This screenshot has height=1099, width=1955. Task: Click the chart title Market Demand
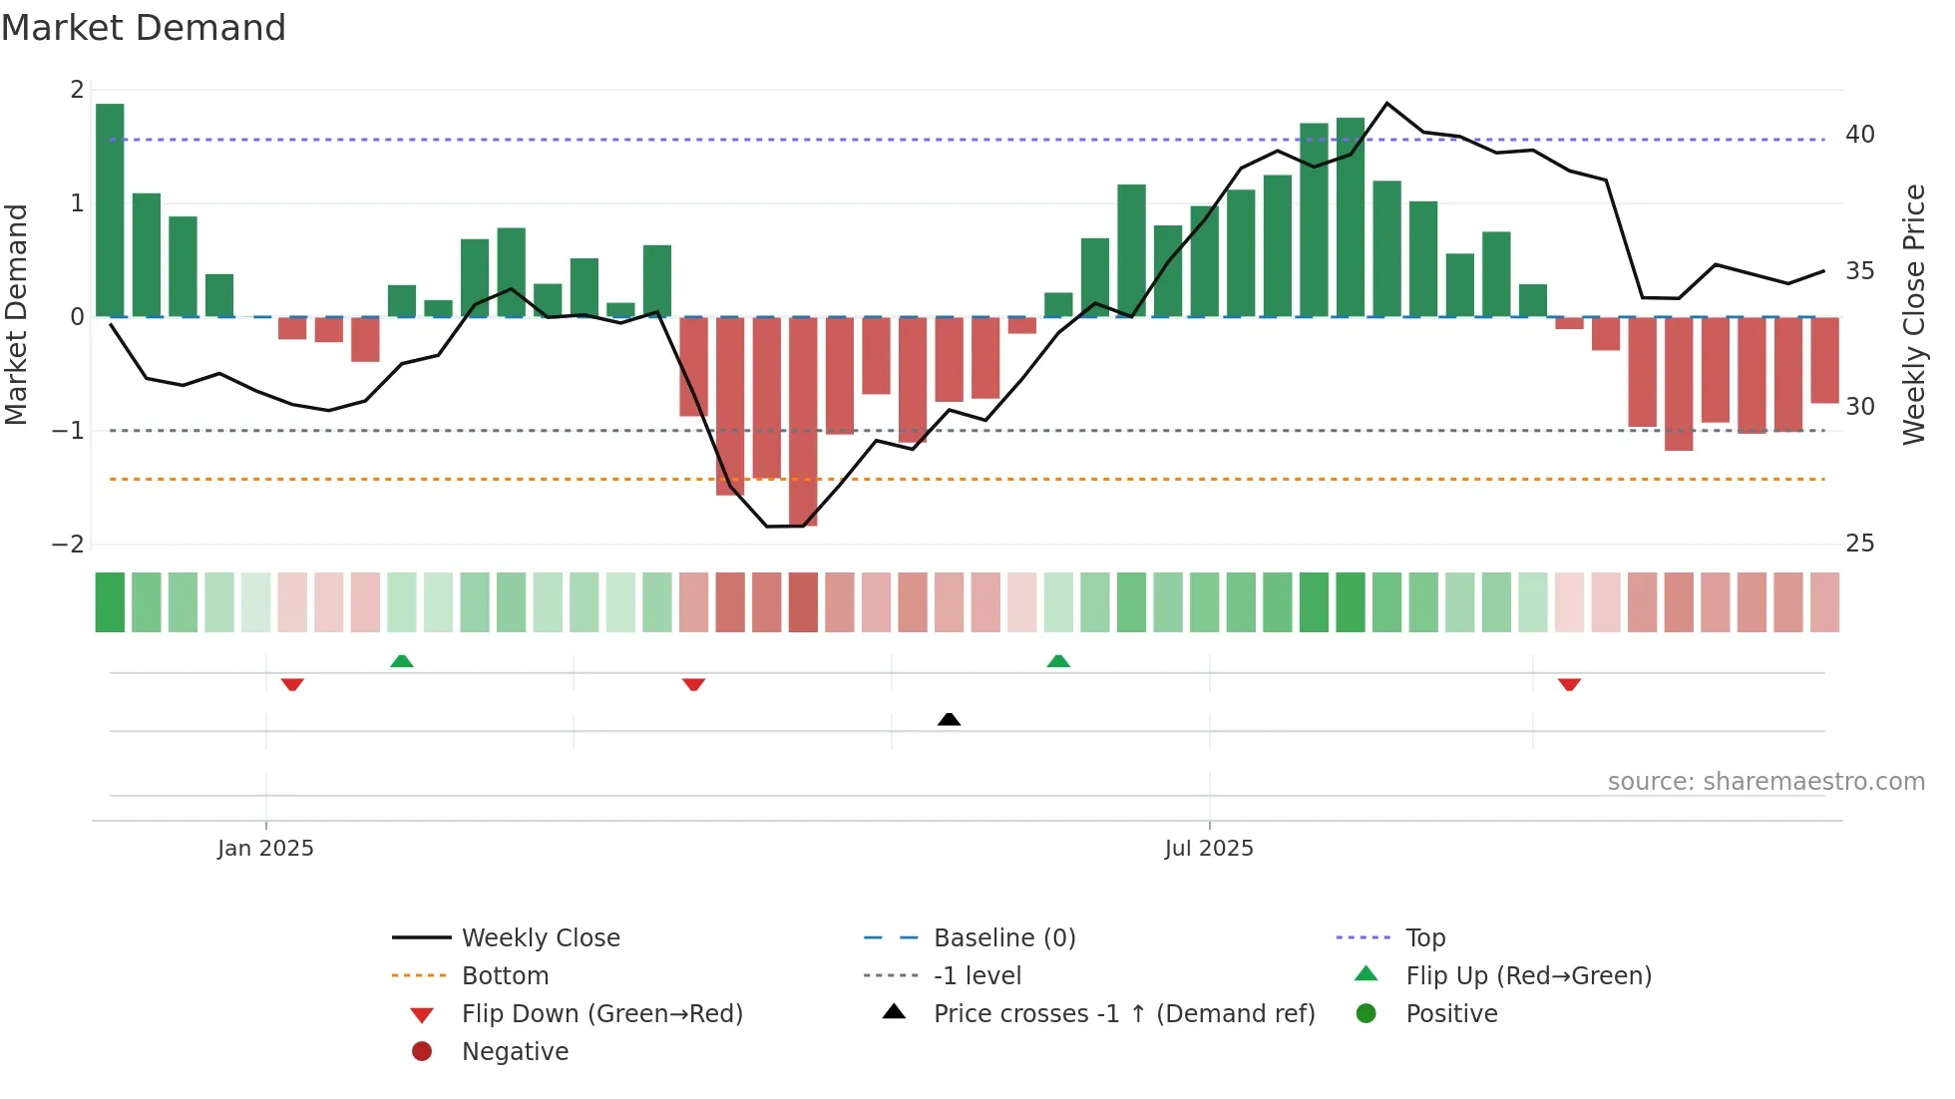144,28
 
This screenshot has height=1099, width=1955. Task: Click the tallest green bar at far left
110,209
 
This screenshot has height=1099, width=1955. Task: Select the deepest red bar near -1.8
803,421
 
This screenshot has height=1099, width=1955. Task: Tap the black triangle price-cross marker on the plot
950,719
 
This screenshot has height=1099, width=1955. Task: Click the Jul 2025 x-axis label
1209,849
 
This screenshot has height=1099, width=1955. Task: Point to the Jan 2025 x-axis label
265,849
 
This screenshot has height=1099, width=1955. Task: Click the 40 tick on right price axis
1859,135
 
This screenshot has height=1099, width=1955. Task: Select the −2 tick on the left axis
68,545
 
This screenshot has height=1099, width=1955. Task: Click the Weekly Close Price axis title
1913,314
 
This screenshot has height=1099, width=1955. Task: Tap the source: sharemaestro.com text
1765,782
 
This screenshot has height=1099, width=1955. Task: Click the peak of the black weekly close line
1386,103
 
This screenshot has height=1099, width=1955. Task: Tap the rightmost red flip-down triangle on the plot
1569,684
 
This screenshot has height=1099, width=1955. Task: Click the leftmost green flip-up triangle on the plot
401,661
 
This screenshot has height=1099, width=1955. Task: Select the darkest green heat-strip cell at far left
110,602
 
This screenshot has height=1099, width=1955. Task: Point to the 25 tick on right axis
1859,544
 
